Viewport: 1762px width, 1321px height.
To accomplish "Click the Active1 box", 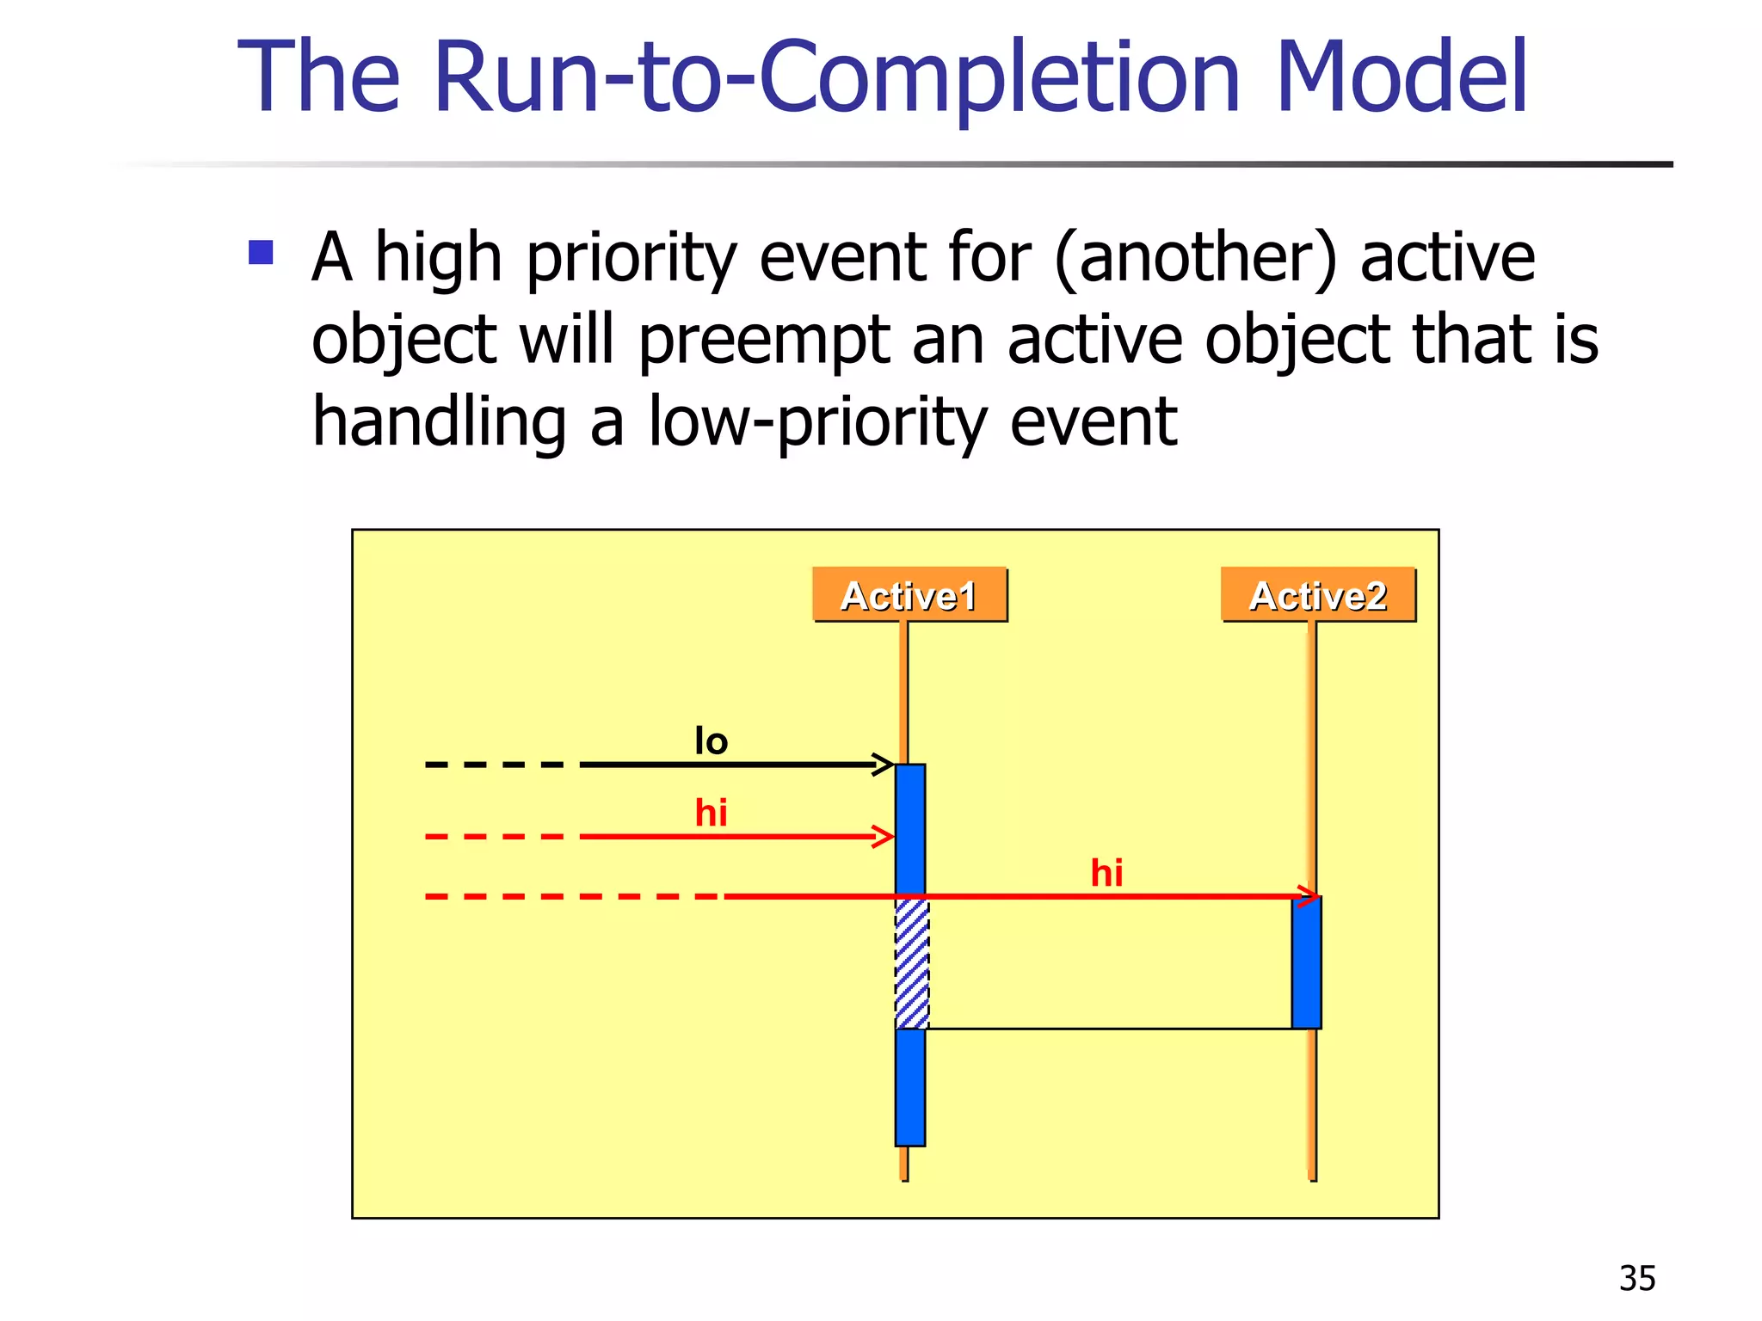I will tap(909, 594).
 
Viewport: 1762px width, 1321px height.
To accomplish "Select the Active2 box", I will tap(1318, 594).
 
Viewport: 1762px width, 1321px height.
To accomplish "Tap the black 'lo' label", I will tap(712, 741).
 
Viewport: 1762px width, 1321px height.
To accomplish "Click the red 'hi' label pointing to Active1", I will tap(712, 813).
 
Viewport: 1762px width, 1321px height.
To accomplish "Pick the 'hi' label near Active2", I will tap(1106, 873).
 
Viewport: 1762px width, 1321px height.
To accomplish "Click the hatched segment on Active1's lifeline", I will tap(912, 963).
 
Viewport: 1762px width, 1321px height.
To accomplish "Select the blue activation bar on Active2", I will tap(1306, 962).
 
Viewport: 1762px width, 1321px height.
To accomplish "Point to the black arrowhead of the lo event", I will tap(884, 764).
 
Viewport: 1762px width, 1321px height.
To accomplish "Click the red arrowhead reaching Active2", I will tap(1308, 896).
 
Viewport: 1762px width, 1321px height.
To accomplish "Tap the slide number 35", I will tap(1636, 1279).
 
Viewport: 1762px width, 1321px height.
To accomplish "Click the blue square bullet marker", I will tap(261, 252).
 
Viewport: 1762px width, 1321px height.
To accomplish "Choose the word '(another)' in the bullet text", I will tap(1195, 257).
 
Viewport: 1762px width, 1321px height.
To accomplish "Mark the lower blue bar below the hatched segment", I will tap(910, 1087).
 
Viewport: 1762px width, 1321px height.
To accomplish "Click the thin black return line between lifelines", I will tap(1110, 1029).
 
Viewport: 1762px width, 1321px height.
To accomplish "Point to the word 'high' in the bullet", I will tap(439, 258).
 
